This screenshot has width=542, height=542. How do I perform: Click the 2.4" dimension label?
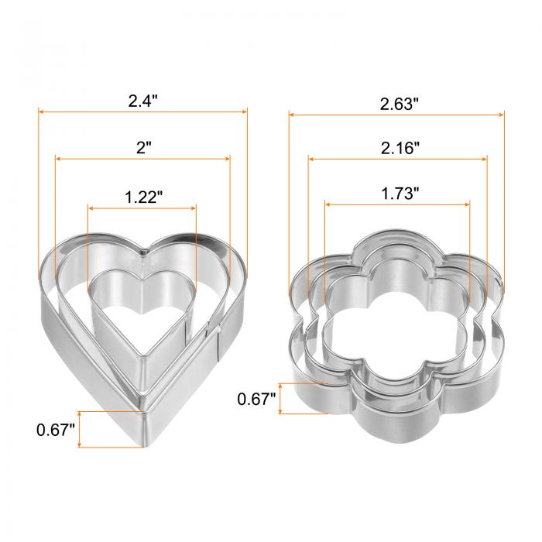[142, 101]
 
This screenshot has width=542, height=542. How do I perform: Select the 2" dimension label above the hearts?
[144, 148]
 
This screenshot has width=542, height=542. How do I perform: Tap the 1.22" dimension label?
[143, 197]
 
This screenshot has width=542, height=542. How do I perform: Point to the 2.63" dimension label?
[399, 104]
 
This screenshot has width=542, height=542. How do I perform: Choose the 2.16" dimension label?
[400, 149]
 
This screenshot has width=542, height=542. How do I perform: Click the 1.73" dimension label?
[400, 194]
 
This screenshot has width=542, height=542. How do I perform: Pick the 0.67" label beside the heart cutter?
[55, 430]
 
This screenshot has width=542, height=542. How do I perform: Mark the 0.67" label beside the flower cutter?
[256, 399]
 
